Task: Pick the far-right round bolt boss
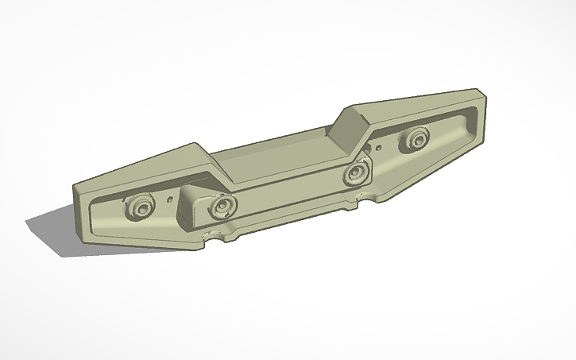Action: click(413, 140)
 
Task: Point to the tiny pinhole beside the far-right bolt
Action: click(381, 147)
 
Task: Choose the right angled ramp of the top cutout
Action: click(350, 127)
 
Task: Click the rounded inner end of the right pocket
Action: click(470, 119)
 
